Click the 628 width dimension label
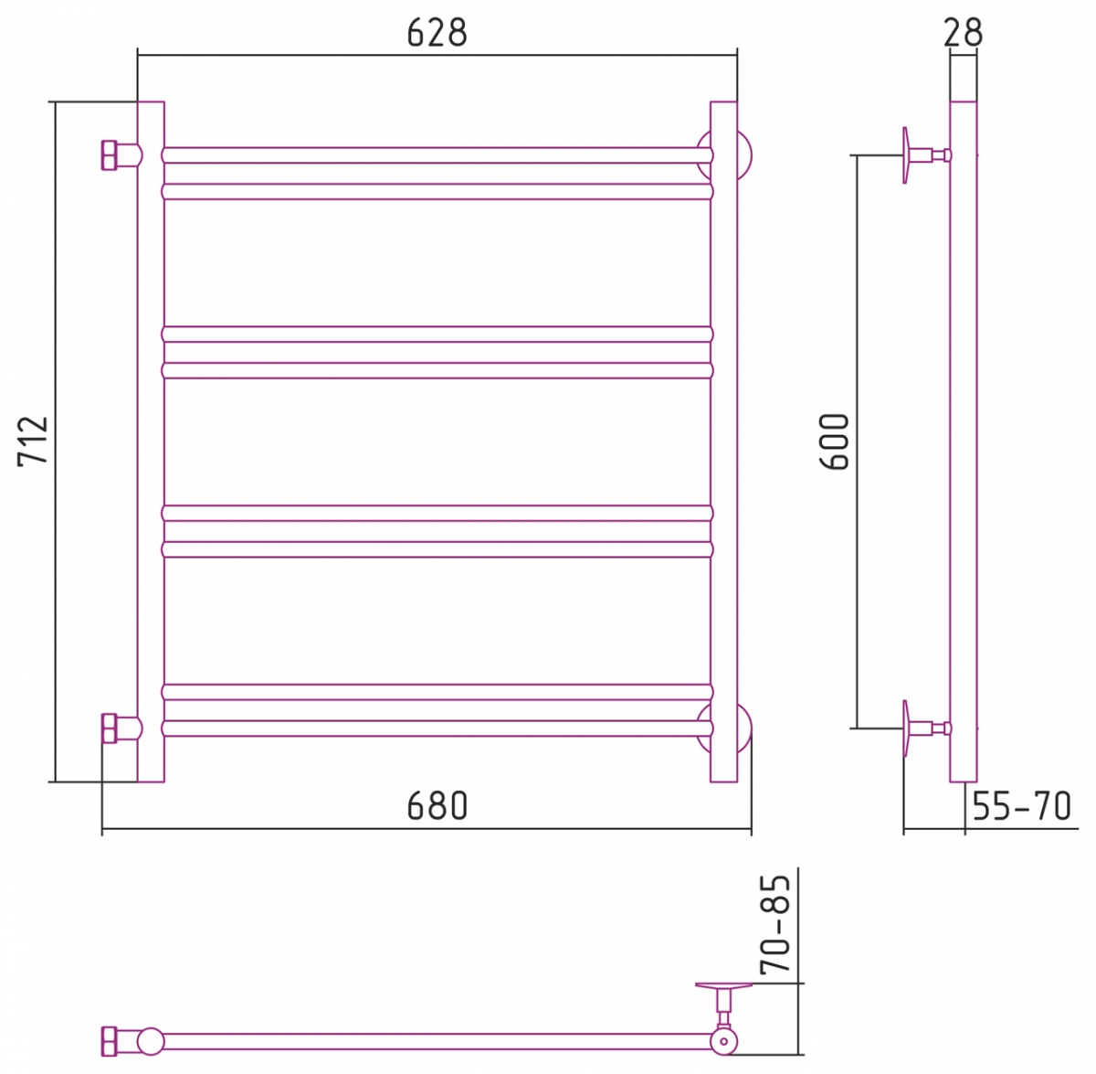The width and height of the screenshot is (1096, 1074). tap(437, 33)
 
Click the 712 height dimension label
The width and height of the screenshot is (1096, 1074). tap(33, 441)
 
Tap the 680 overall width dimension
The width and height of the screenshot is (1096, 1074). tap(437, 806)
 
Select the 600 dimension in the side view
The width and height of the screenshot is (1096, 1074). tap(835, 441)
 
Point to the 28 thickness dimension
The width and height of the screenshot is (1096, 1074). tap(963, 33)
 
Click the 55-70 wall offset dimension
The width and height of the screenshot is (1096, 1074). tap(1021, 806)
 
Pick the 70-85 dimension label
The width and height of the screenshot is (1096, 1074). tap(775, 924)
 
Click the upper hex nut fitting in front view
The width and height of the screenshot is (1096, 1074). tap(110, 154)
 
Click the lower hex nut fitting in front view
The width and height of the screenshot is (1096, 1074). tap(110, 728)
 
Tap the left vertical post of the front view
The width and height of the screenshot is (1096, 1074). tap(151, 441)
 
